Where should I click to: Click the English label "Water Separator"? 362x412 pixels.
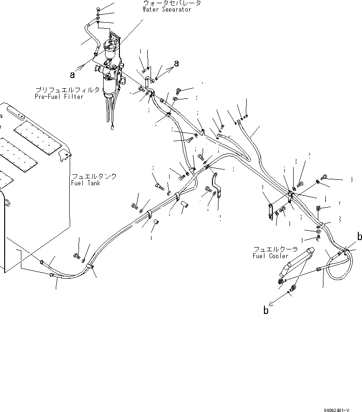pyautogui.click(x=167, y=9)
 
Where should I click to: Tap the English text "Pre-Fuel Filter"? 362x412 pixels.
pyautogui.click(x=59, y=97)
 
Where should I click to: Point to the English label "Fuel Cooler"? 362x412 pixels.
pyautogui.click(x=270, y=256)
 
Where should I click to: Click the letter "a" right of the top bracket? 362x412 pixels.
pyautogui.click(x=177, y=63)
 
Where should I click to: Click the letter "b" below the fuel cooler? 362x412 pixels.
pyautogui.click(x=266, y=311)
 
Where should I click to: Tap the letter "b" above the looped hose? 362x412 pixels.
pyautogui.click(x=359, y=237)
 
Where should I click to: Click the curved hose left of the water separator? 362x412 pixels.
pyautogui.click(x=90, y=37)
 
